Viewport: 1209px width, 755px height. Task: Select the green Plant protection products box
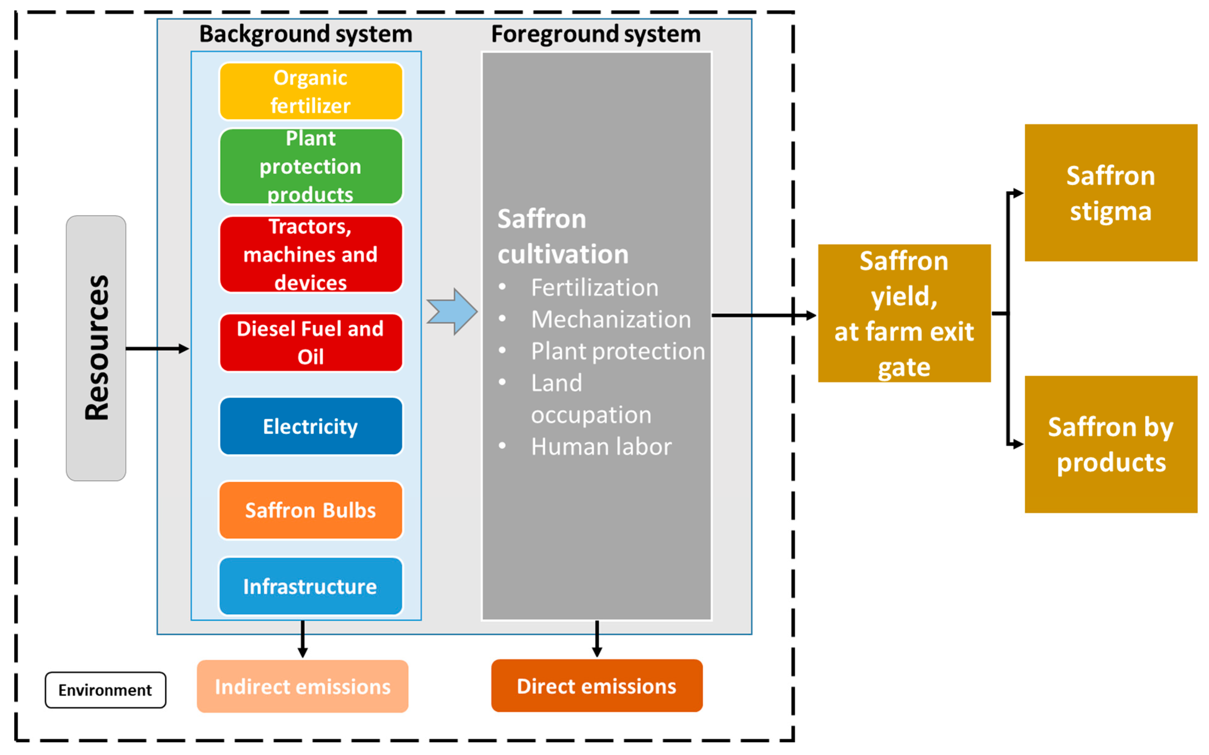(311, 166)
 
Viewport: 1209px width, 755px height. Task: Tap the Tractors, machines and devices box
(311, 254)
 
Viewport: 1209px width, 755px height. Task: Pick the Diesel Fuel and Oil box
(311, 342)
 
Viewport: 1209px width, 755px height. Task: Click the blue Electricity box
(311, 426)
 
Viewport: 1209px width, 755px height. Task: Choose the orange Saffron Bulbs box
(311, 510)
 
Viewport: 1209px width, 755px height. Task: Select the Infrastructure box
(311, 586)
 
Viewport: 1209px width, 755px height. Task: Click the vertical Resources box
(96, 348)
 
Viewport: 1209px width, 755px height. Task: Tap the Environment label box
(105, 690)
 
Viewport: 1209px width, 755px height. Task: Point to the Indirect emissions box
(302, 686)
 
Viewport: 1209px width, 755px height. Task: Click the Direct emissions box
(597, 686)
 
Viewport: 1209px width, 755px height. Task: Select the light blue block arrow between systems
(452, 311)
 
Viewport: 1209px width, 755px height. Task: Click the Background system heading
(306, 34)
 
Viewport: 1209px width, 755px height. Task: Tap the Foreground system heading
(596, 34)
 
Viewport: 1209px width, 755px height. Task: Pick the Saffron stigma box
(1111, 193)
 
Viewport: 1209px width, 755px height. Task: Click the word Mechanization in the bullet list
(611, 319)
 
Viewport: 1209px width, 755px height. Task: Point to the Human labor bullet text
(601, 446)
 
